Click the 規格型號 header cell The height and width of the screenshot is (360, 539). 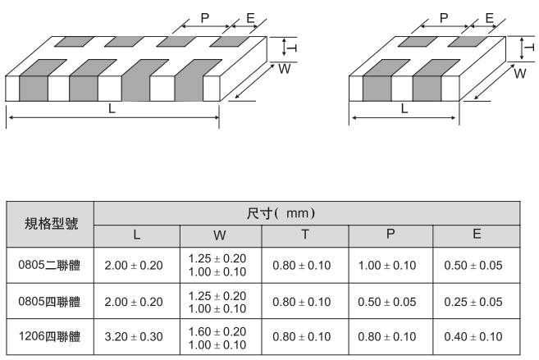(x=49, y=223)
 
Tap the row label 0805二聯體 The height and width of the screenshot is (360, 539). (x=49, y=266)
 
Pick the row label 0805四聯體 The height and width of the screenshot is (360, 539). (x=49, y=302)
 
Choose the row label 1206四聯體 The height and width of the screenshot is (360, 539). (x=49, y=337)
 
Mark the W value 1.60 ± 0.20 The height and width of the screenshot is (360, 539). (x=217, y=330)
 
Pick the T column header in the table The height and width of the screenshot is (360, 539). (x=304, y=235)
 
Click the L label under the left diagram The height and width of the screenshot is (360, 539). (x=112, y=107)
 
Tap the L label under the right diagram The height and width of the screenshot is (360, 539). (x=404, y=107)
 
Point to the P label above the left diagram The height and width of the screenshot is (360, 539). (x=204, y=18)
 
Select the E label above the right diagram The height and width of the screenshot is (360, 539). (x=489, y=18)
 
